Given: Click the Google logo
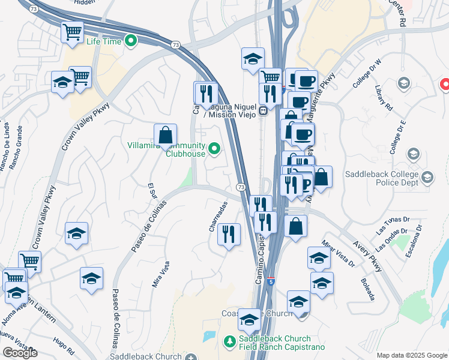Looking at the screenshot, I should (20, 353).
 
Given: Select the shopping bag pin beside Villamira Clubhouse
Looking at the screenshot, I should (165, 135).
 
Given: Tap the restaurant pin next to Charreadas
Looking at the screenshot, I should (229, 234).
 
